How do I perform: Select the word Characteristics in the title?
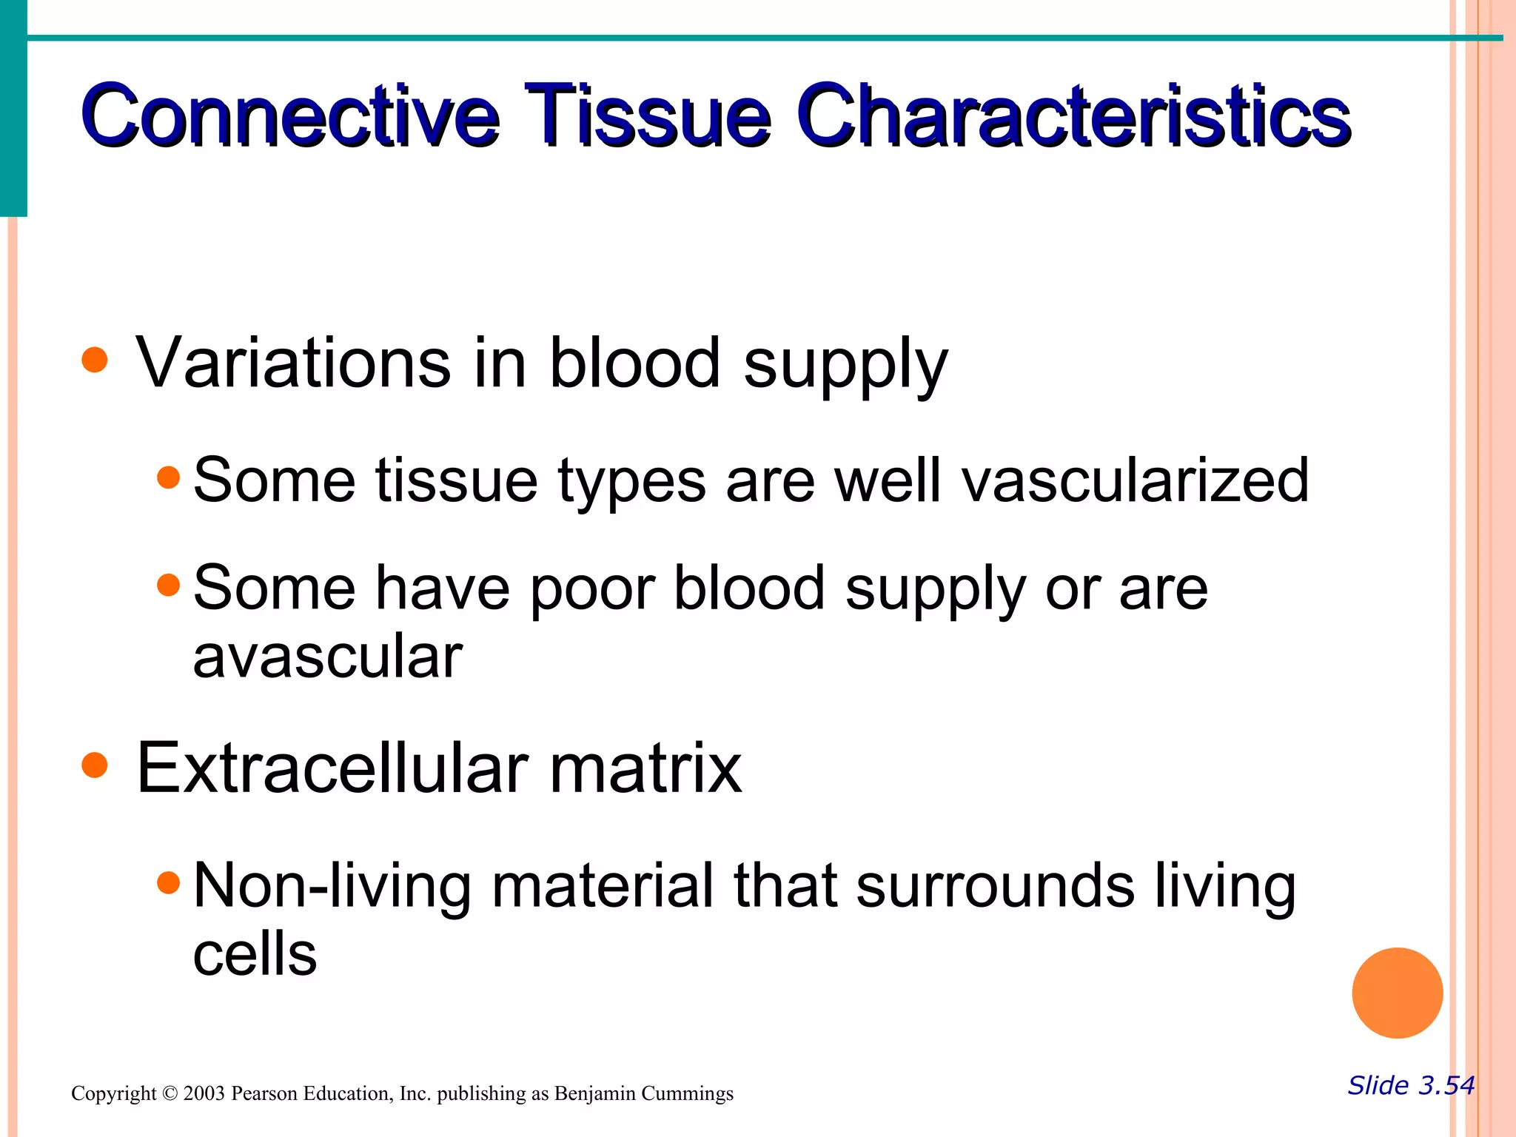(x=1073, y=116)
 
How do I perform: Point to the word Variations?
(x=293, y=363)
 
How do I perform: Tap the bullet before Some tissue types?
(x=169, y=477)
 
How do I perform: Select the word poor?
(x=592, y=588)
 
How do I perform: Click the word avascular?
(x=327, y=657)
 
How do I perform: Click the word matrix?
(x=645, y=768)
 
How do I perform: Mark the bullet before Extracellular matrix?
(x=95, y=765)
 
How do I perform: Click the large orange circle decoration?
(x=1397, y=993)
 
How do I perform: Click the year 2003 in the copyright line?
(x=204, y=1093)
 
